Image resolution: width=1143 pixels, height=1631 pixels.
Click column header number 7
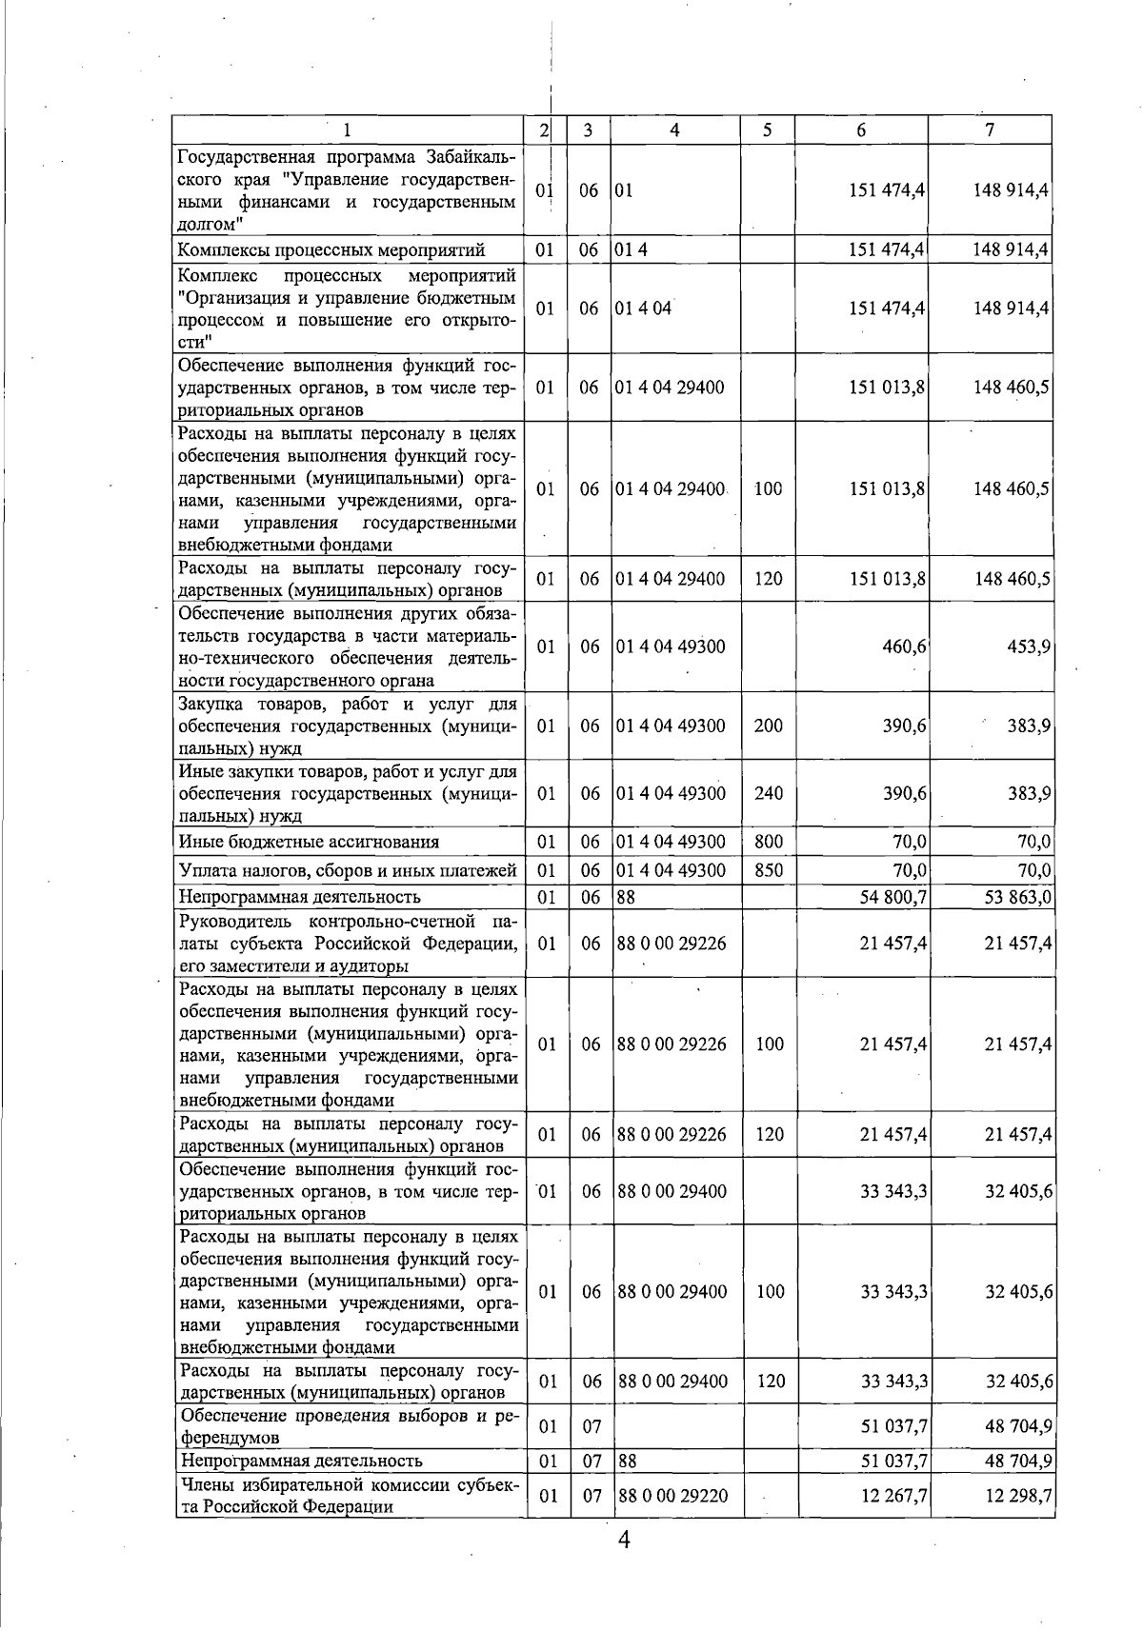(x=990, y=130)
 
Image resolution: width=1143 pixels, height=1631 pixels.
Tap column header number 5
(x=767, y=130)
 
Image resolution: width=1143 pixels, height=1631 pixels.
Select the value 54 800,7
(x=892, y=897)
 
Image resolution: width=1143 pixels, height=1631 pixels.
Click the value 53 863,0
(x=1017, y=897)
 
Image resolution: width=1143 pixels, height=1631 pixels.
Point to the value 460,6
(x=904, y=646)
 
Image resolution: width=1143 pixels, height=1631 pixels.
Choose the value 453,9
(x=1029, y=646)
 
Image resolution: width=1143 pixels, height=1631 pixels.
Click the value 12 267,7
(x=893, y=1496)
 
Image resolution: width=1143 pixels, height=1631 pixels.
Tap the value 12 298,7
(x=1018, y=1496)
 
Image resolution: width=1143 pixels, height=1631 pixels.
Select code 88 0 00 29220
(x=672, y=1496)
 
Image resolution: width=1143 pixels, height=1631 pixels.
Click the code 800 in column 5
(x=768, y=842)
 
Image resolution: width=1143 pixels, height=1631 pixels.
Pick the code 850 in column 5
(x=768, y=870)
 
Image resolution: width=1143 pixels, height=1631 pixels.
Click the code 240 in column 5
(x=768, y=793)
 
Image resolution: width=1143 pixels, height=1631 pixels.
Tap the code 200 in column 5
(x=768, y=726)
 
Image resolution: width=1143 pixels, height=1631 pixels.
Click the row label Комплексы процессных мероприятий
(x=331, y=250)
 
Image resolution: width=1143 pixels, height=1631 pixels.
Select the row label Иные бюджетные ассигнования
(x=309, y=842)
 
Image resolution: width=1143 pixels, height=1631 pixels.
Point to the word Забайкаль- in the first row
(x=471, y=157)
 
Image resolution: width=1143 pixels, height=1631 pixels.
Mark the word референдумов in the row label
(x=231, y=1438)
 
